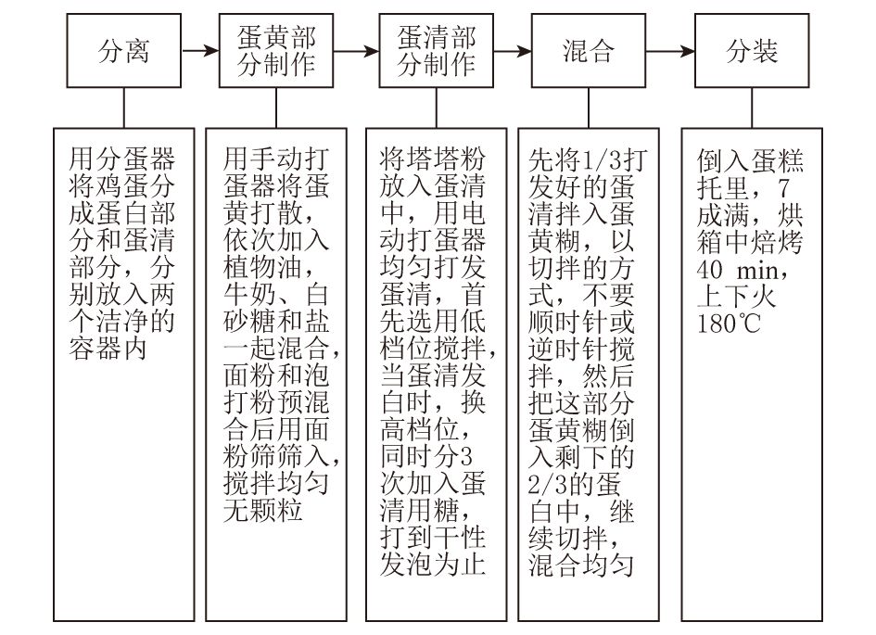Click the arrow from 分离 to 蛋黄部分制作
click(200, 51)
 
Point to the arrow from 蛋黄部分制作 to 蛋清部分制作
click(357, 51)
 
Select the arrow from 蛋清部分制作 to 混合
click(513, 51)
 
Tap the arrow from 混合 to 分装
click(670, 51)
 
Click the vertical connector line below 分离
click(123, 108)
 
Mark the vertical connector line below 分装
click(752, 108)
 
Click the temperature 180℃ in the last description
click(729, 324)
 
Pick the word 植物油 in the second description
click(262, 268)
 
